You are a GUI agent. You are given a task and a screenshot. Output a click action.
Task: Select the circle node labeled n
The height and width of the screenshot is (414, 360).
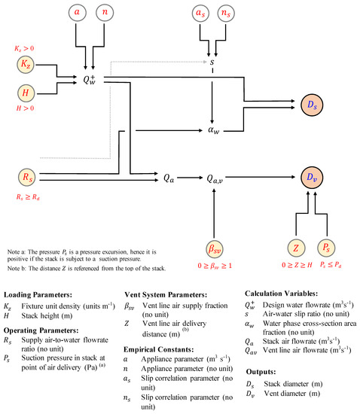[x=105, y=14]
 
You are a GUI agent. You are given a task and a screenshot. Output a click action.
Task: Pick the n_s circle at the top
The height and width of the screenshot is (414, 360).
[x=227, y=14]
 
